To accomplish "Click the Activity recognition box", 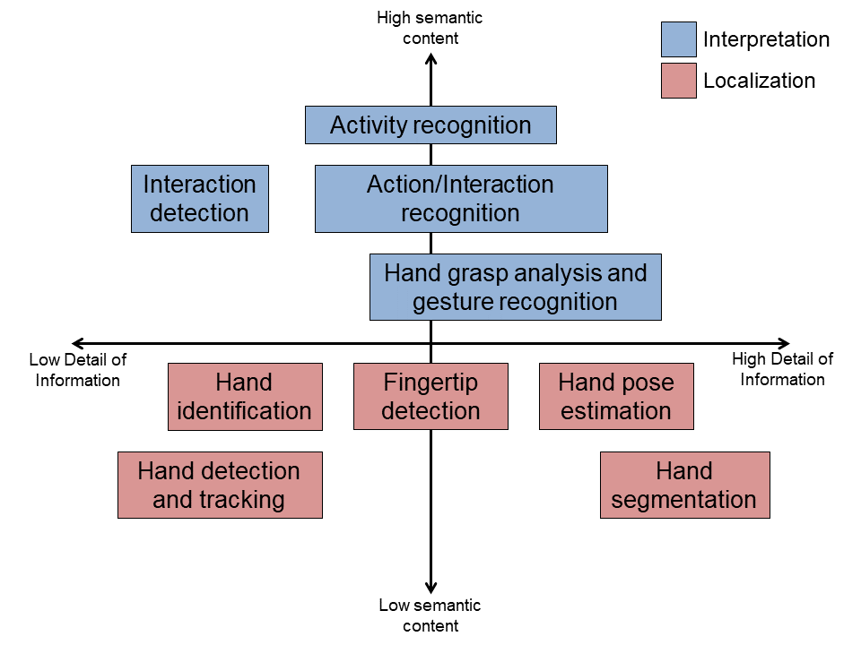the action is click(430, 125).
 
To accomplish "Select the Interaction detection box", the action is click(200, 199).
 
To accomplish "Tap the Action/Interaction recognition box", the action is click(461, 199).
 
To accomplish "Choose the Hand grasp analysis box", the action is click(516, 287).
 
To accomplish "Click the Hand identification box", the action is click(245, 397).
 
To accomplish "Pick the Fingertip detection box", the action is click(431, 397).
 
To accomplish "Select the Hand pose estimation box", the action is click(617, 397).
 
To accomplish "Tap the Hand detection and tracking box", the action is click(221, 485).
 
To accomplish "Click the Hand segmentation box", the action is click(685, 485).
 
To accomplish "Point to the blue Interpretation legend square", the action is click(679, 39).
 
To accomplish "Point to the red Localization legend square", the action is click(679, 81).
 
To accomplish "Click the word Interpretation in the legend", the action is click(767, 40).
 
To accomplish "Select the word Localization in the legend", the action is click(760, 81).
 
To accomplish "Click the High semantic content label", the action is click(430, 28).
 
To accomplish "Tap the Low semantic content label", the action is click(430, 615).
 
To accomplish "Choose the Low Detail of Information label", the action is click(78, 370).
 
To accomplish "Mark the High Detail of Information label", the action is click(782, 369).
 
